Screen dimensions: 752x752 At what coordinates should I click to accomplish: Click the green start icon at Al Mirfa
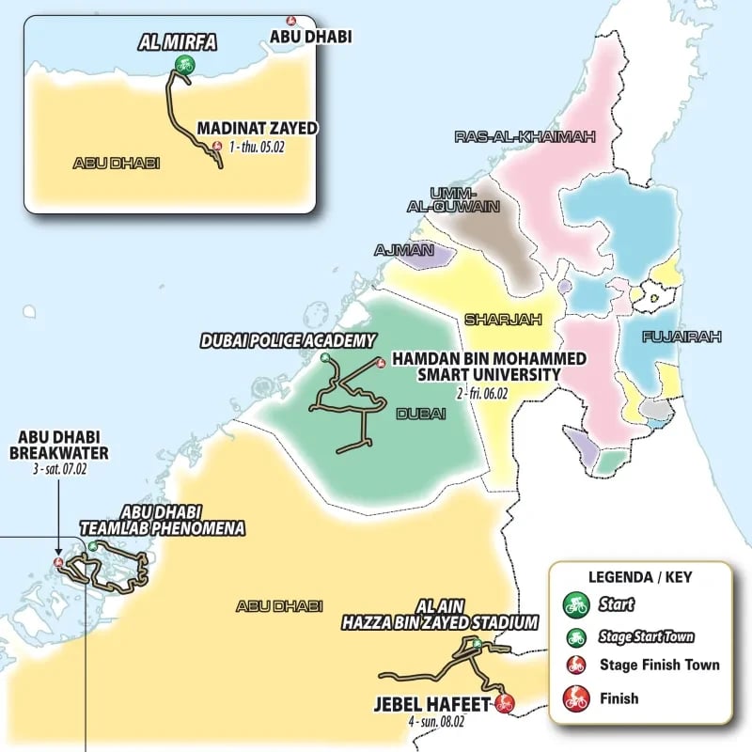coord(182,64)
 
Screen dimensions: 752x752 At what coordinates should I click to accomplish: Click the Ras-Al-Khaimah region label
coord(525,137)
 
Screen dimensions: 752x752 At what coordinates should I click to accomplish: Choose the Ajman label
coord(404,251)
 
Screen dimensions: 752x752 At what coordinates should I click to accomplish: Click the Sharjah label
coord(504,320)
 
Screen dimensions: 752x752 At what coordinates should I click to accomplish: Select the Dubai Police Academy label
coord(288,340)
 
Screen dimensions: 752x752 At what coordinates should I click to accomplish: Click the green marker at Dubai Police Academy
coord(325,358)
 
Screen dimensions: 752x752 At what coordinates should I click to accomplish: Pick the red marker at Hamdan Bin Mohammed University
coord(380,363)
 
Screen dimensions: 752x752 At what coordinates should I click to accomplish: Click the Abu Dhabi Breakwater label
coord(62,445)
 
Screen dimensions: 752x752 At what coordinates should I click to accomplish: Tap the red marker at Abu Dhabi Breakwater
coord(59,563)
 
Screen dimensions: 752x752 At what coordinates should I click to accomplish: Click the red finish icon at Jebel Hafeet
coord(505,702)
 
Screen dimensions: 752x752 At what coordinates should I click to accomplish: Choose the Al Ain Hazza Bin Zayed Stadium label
coord(439,616)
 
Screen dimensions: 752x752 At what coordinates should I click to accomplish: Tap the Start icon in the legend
coord(576,605)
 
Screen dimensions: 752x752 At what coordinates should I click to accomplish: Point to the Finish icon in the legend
coord(576,698)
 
